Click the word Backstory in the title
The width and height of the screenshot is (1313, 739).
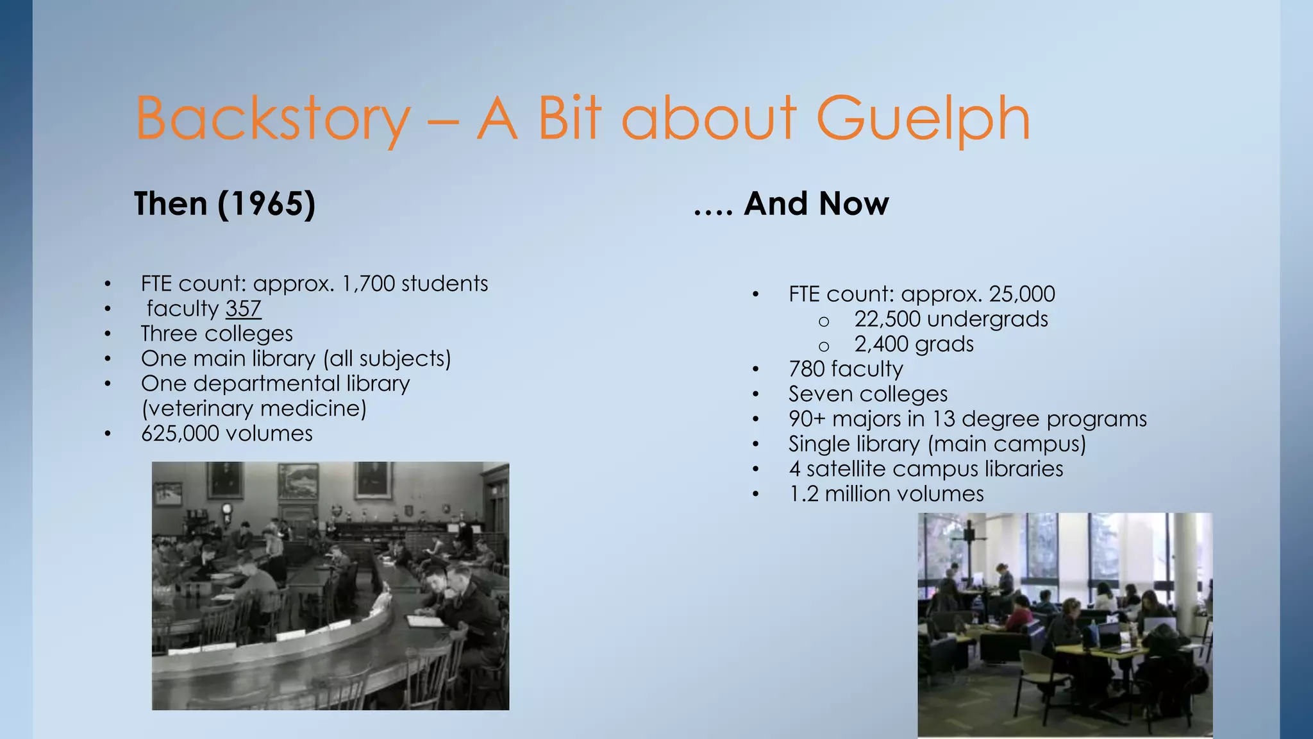(x=272, y=119)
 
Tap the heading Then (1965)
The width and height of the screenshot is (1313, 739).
(x=224, y=204)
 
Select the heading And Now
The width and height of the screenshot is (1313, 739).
(x=815, y=204)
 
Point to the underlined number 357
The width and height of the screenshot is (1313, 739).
(x=243, y=309)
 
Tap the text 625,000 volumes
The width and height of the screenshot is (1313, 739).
(x=226, y=434)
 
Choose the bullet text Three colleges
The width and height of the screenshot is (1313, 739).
(x=217, y=334)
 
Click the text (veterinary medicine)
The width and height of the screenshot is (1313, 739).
(x=254, y=409)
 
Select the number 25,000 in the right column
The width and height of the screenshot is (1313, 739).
(x=1021, y=294)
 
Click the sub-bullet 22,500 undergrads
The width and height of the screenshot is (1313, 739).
(x=951, y=319)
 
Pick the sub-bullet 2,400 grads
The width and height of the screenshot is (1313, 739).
(x=914, y=344)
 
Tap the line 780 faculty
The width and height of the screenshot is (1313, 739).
(x=846, y=369)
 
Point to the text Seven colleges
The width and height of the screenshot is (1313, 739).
(x=868, y=394)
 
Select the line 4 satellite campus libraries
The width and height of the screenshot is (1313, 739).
(x=926, y=469)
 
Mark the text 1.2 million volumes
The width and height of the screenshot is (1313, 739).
(x=886, y=494)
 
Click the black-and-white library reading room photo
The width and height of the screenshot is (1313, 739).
(x=330, y=585)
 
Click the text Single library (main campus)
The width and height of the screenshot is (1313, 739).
(x=937, y=444)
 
